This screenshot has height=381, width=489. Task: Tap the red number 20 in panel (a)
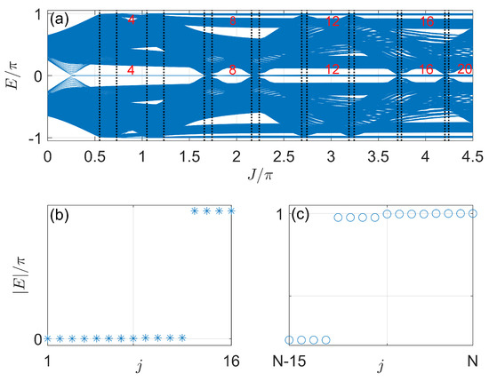[x=464, y=68]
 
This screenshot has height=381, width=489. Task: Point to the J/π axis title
[x=259, y=177]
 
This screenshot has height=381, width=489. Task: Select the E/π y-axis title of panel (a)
[x=15, y=76]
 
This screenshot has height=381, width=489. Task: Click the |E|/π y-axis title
[x=15, y=275]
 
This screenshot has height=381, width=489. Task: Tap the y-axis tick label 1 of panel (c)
[x=278, y=214]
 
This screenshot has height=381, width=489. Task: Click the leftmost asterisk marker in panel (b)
[x=48, y=338]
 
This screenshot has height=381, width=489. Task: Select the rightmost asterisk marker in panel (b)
[x=231, y=210]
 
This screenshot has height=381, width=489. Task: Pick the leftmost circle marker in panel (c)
[x=289, y=339]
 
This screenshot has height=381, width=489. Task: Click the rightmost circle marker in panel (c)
[x=473, y=213]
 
